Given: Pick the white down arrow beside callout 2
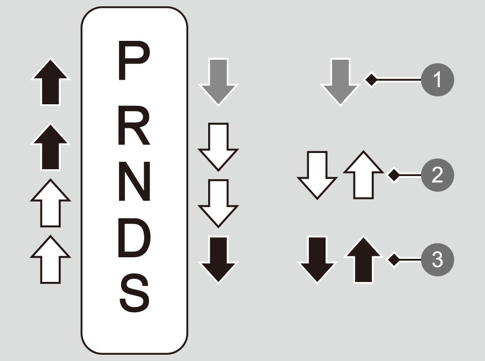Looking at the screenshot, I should tap(317, 175).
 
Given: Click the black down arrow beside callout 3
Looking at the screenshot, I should tap(317, 259).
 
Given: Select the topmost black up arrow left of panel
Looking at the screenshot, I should tap(50, 83).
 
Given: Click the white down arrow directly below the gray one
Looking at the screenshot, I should tap(218, 146).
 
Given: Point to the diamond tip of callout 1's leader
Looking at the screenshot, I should tap(371, 80).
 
